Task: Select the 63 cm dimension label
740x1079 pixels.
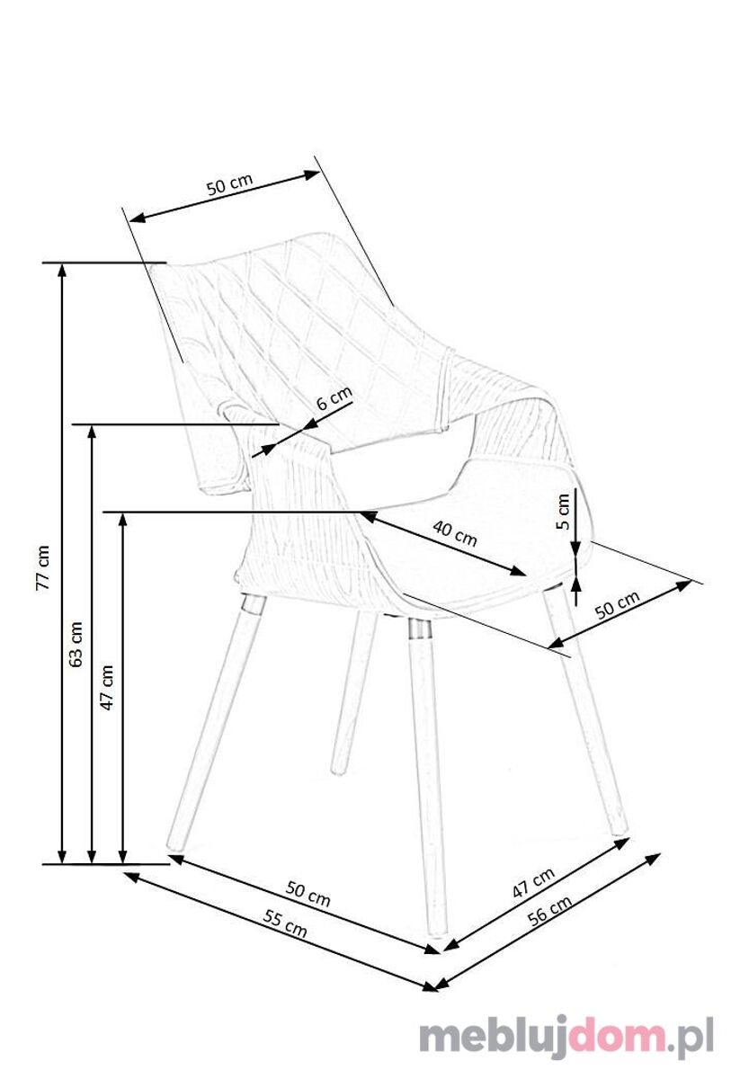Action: coord(76,645)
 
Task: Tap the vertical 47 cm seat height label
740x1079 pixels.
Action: coord(107,687)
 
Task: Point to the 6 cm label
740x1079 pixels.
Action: coord(334,397)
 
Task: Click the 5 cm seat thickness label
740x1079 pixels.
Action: coord(562,512)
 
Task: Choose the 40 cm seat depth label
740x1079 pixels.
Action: coord(455,533)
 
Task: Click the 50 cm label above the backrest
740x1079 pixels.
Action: coord(229,184)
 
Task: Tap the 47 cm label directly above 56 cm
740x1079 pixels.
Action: coord(533,883)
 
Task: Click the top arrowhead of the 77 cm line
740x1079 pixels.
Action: coord(62,272)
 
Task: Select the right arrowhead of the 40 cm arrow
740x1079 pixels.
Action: coord(519,571)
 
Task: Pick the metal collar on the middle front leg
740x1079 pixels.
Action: coord(420,629)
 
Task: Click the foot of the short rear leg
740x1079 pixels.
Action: coord(339,771)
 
